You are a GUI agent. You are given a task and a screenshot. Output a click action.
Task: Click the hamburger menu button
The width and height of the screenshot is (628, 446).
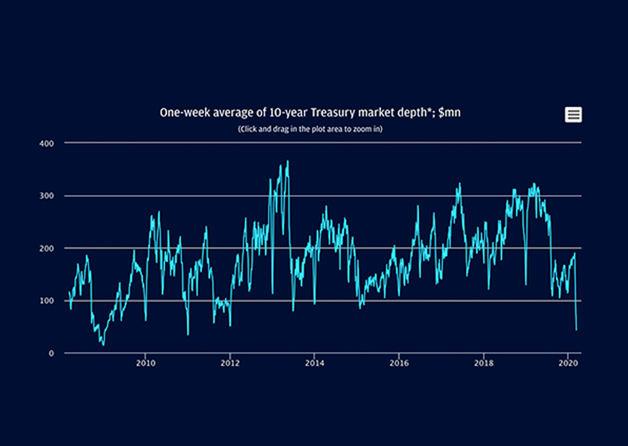pos(573,115)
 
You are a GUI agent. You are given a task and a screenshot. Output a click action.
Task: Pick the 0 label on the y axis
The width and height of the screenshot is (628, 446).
pos(51,353)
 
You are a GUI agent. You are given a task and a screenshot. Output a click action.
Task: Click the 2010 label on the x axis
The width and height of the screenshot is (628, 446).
pos(145,363)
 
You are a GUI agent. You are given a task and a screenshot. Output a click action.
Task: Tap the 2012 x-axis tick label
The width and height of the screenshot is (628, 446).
pos(230,363)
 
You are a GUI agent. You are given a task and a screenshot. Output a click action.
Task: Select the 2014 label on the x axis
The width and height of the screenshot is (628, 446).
pos(314,363)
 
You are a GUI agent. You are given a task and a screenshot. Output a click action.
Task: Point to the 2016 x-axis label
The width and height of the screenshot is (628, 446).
pos(399,363)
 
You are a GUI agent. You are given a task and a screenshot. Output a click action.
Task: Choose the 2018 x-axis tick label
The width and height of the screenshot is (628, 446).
pos(483,363)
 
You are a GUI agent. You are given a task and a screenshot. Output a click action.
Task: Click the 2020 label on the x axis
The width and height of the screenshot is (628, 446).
pos(568,363)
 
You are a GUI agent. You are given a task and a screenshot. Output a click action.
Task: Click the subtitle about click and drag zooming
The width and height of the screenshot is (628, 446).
pos(310,129)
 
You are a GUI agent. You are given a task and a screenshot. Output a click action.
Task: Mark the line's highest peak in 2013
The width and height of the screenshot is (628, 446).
pos(288,161)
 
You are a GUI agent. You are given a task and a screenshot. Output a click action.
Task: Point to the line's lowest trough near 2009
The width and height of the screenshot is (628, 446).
pos(103,345)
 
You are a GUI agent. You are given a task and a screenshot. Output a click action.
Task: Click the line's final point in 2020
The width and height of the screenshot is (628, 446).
pos(576,330)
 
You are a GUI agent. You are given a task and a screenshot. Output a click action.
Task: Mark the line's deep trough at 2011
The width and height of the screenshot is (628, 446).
pos(188,334)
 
